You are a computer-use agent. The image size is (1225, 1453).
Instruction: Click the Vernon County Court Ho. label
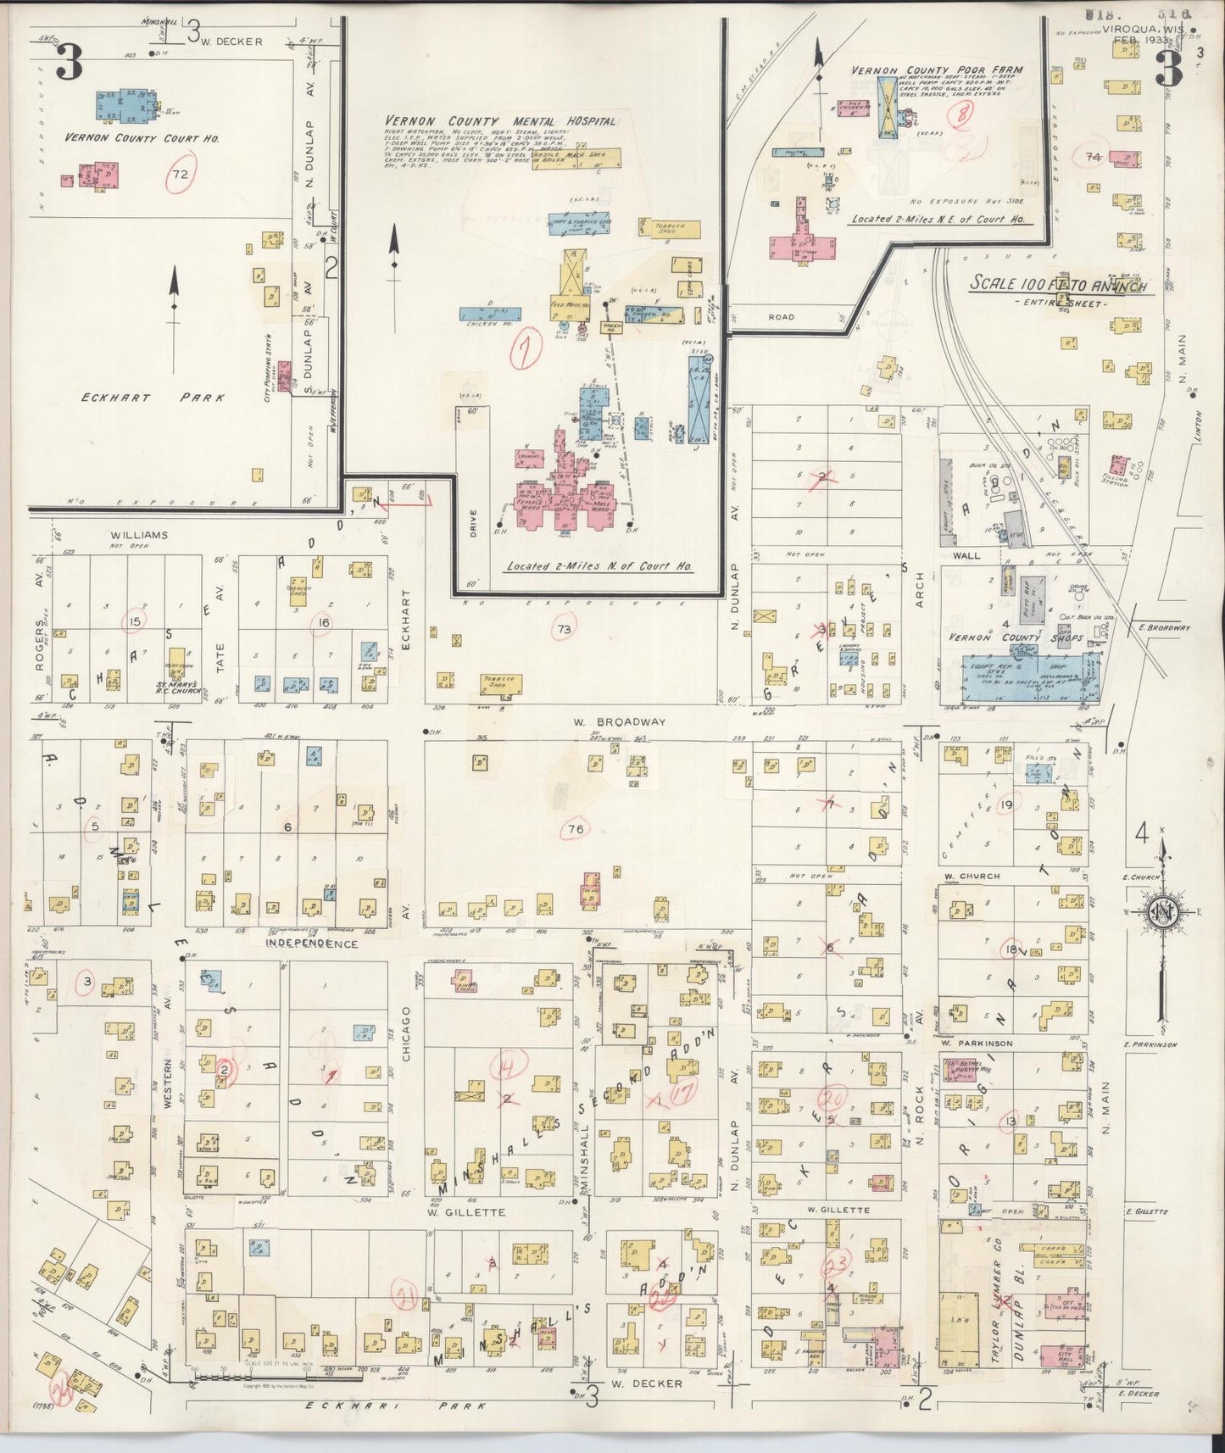pyautogui.click(x=142, y=137)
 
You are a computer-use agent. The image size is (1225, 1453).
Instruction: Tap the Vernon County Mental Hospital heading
pyautogui.click(x=500, y=121)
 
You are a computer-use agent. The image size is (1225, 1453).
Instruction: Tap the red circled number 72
pyautogui.click(x=180, y=174)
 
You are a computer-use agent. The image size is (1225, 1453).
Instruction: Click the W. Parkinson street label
pyautogui.click(x=977, y=1044)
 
